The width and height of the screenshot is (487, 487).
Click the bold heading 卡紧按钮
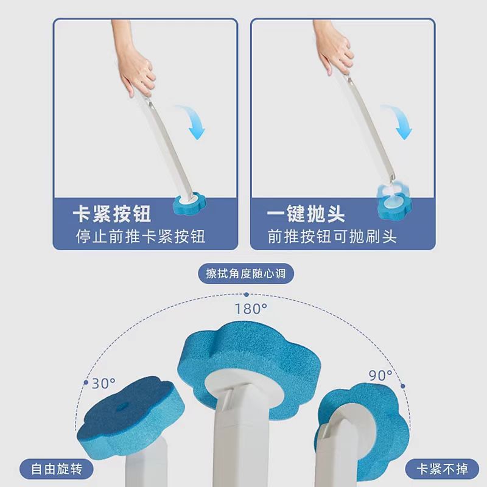coord(111,214)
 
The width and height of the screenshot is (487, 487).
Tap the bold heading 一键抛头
coord(306,214)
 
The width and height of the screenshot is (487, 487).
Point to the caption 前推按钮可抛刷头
coord(332,236)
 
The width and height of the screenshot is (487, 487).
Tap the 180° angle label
coord(251,308)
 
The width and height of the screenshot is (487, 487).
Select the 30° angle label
coord(103,384)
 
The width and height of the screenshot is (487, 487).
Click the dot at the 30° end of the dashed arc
coord(85,383)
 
